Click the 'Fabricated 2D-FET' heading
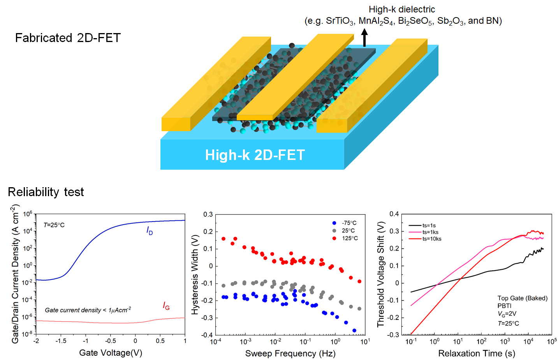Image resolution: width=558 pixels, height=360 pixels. pyautogui.click(x=68, y=38)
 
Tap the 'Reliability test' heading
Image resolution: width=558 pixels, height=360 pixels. pyautogui.click(x=46, y=192)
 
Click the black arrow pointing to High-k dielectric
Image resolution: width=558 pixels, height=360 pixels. pyautogui.click(x=364, y=39)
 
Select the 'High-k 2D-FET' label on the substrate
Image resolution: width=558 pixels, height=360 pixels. pyautogui.click(x=255, y=155)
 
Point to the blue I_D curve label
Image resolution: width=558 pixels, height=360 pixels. pyautogui.click(x=150, y=231)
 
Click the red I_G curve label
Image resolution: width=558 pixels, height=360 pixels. pyautogui.click(x=166, y=306)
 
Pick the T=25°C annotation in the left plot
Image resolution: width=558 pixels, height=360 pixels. pyautogui.click(x=54, y=225)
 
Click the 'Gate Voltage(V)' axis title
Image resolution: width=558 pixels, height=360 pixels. pyautogui.click(x=111, y=353)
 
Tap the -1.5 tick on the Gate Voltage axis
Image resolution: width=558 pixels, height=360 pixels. pyautogui.click(x=61, y=341)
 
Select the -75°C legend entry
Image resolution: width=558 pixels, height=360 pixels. pyautogui.click(x=349, y=223)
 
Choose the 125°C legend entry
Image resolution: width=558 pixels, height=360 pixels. pyautogui.click(x=350, y=238)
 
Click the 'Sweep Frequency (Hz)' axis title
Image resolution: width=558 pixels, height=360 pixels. pyautogui.click(x=290, y=353)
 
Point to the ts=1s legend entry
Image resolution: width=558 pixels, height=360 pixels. pyautogui.click(x=429, y=225)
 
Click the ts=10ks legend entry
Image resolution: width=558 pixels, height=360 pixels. pyautogui.click(x=431, y=239)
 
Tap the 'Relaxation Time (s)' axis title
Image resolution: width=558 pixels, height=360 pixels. pyautogui.click(x=477, y=353)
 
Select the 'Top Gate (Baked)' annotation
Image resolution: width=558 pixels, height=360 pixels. pyautogui.click(x=522, y=298)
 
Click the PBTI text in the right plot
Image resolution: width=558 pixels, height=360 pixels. pyautogui.click(x=504, y=306)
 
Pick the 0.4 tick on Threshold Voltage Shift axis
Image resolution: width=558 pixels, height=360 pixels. pyautogui.click(x=394, y=214)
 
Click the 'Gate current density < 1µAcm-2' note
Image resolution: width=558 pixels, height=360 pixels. pyautogui.click(x=88, y=310)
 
